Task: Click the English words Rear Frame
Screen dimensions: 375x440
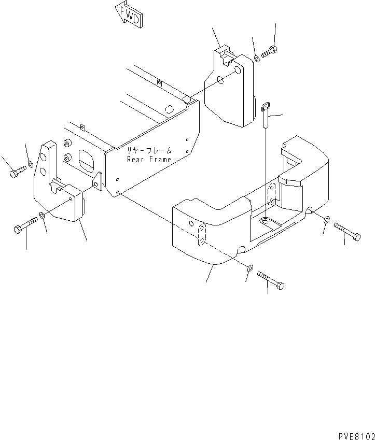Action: pos(149,160)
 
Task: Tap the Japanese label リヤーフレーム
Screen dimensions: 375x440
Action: pos(149,150)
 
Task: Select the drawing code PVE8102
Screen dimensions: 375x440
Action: pos(356,436)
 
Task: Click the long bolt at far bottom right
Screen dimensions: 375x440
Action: pos(347,232)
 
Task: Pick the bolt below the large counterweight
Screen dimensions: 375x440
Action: pos(271,280)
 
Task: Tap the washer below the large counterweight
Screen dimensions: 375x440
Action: pos(250,268)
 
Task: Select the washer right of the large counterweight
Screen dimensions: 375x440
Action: pos(327,219)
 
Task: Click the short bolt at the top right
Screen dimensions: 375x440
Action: pos(269,52)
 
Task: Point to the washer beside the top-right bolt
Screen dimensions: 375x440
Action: pos(257,59)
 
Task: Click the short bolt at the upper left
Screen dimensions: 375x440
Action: pos(18,172)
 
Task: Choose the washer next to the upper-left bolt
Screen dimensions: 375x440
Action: pos(31,164)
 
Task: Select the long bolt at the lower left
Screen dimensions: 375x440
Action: pos(25,225)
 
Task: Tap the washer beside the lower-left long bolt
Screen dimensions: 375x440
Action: pos(42,216)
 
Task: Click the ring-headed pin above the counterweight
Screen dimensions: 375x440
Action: pos(266,115)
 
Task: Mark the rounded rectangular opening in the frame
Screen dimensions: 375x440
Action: pos(87,161)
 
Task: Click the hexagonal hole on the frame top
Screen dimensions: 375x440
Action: pos(169,109)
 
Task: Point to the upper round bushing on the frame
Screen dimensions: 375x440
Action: pos(67,143)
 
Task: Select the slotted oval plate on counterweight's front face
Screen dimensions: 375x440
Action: pos(202,235)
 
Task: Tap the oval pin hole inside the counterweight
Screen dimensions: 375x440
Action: pos(265,222)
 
